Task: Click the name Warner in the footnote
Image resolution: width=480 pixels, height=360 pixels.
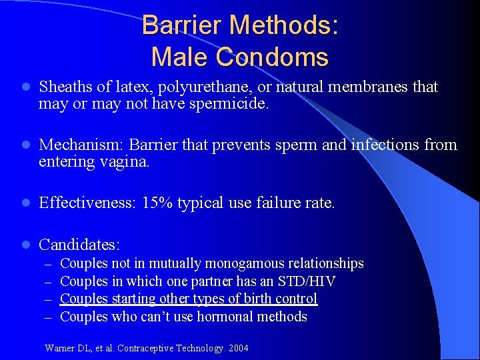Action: pyautogui.click(x=59, y=347)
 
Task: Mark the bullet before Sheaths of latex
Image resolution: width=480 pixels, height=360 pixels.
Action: pyautogui.click(x=24, y=87)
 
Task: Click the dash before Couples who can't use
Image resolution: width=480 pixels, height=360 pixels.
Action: pyautogui.click(x=48, y=317)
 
